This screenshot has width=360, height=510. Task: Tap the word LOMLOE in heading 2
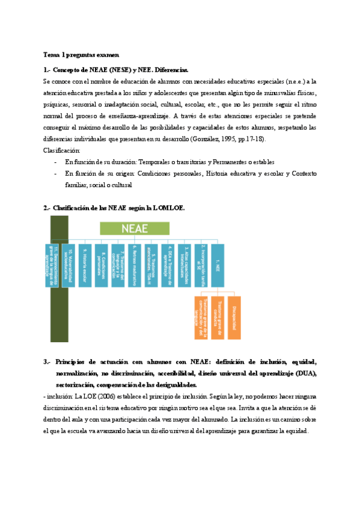tap(169, 208)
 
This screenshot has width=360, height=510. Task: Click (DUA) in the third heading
tap(305, 373)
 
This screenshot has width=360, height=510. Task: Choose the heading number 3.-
tap(48, 362)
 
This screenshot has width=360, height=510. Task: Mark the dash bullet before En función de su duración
tap(55, 162)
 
